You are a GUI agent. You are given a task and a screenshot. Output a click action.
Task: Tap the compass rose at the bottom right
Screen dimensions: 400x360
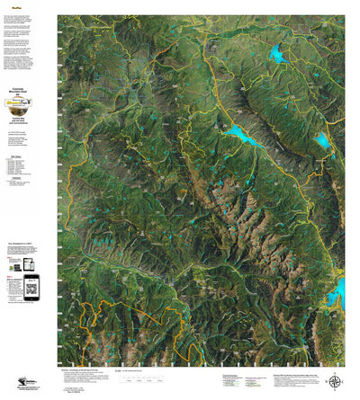pos(336,381)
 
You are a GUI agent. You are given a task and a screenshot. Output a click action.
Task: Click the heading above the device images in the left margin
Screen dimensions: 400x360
pos(28,244)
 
